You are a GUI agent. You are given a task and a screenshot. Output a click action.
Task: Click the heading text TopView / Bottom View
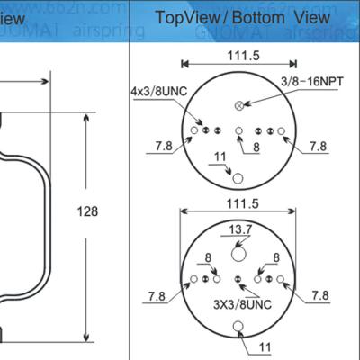click(242, 17)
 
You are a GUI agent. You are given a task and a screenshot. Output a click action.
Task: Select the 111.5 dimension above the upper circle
click(238, 55)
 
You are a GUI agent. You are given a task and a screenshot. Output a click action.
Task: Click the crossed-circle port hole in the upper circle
click(239, 105)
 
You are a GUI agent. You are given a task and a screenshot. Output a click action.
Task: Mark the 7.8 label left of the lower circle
click(155, 295)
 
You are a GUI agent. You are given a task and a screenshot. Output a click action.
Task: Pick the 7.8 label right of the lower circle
click(319, 294)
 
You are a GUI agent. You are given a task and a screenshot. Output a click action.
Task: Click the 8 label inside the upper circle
click(256, 146)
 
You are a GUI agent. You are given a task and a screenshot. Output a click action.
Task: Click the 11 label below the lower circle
click(265, 346)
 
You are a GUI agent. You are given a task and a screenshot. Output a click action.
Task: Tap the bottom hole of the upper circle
click(239, 175)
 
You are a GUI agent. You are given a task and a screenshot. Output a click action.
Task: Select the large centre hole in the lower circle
click(239, 255)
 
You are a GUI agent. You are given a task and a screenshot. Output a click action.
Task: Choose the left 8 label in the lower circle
click(208, 257)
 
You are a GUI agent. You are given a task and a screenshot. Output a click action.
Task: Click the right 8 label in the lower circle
click(278, 257)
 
